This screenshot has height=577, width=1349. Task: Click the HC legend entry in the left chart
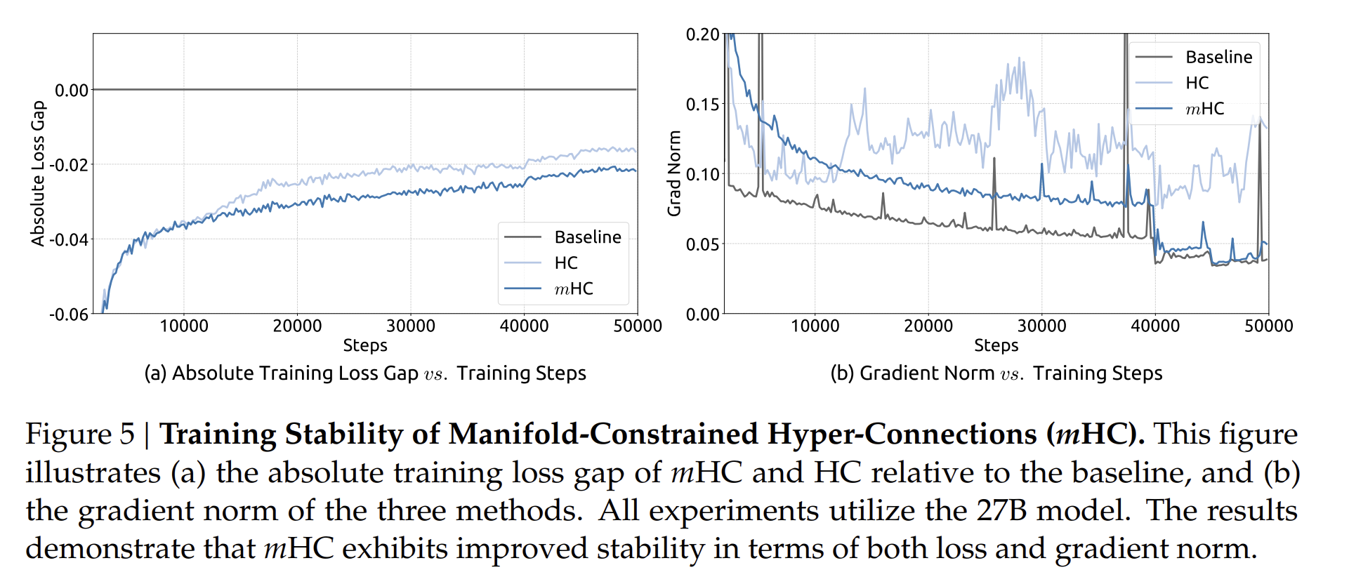[x=565, y=263]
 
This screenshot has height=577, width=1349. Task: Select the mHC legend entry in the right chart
[x=1204, y=109]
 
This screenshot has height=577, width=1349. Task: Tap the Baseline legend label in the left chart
[x=587, y=237]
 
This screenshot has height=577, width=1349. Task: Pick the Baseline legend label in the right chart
[x=1218, y=57]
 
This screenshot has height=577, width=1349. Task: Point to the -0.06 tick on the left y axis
[x=69, y=314]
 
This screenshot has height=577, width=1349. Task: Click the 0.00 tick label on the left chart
[x=72, y=90]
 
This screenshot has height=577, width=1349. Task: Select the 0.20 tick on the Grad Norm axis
[x=702, y=34]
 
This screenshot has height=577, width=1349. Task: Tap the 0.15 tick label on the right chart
[x=702, y=105]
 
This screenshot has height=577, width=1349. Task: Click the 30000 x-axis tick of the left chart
[x=411, y=326]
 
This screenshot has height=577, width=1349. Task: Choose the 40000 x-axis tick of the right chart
[x=1155, y=326]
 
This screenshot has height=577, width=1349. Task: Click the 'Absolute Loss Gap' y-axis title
[x=38, y=173]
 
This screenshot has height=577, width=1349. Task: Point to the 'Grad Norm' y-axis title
[x=674, y=173]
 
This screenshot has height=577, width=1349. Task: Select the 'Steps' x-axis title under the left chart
[x=365, y=345]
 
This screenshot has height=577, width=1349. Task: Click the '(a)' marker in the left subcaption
[x=155, y=373]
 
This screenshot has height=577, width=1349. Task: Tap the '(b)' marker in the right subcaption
[x=842, y=373]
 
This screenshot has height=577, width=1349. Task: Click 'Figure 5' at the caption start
[x=80, y=434]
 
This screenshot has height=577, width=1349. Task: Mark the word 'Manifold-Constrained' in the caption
[x=600, y=434]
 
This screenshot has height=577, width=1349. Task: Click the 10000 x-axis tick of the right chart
[x=815, y=326]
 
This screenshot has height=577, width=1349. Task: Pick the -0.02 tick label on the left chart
[x=69, y=165]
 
